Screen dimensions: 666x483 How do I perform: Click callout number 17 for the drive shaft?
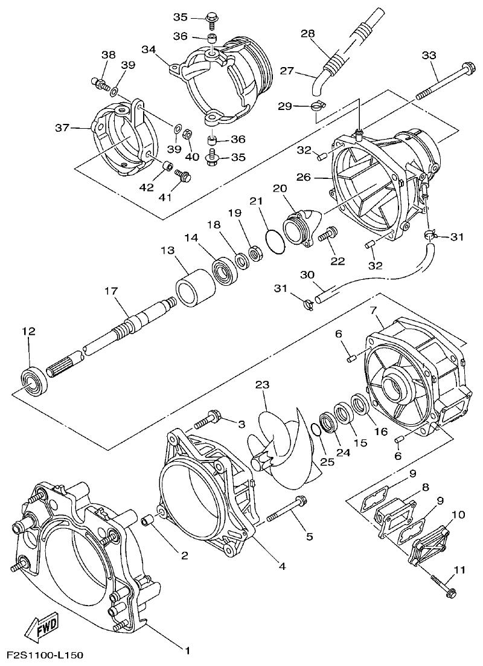tap(110, 291)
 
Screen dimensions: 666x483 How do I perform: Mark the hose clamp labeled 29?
tap(316, 107)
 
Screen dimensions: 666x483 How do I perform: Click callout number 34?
tap(149, 49)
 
